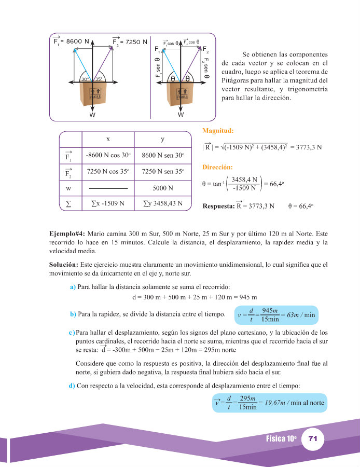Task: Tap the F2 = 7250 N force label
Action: tap(129, 42)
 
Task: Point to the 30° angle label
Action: tap(86, 79)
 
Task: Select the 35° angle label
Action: tap(99, 79)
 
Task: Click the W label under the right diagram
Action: tap(181, 115)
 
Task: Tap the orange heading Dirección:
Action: tap(218, 168)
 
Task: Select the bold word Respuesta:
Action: tap(218, 206)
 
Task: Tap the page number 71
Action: tap(312, 439)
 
